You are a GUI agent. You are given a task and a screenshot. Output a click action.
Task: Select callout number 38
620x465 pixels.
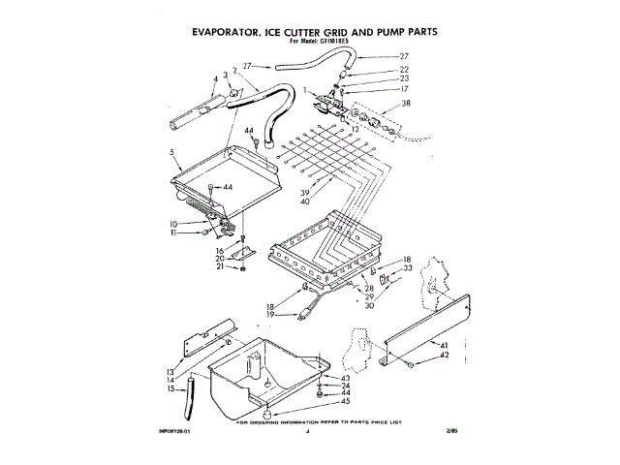tap(406, 103)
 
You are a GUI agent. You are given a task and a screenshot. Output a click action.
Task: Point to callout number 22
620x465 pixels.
tap(405, 70)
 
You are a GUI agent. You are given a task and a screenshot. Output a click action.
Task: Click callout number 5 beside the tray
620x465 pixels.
tap(170, 153)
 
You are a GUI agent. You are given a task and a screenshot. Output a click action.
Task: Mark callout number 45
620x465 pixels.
tap(346, 401)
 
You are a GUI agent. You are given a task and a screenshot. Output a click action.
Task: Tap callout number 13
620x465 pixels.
tap(170, 372)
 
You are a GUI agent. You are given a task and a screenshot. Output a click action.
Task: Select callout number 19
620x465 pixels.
tap(270, 315)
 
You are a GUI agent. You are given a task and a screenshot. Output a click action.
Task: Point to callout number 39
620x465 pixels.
tap(333, 192)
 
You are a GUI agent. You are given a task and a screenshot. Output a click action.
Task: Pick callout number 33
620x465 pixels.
tap(407, 268)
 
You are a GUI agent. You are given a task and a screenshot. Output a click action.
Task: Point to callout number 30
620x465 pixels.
tap(369, 305)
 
